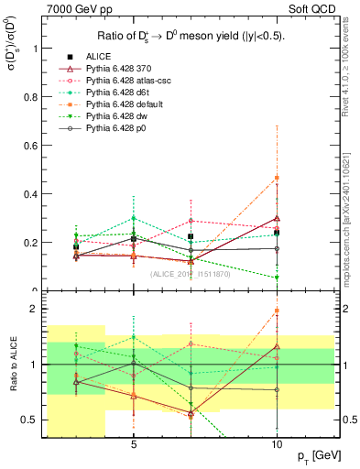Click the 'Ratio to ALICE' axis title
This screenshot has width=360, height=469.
pos(11,365)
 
